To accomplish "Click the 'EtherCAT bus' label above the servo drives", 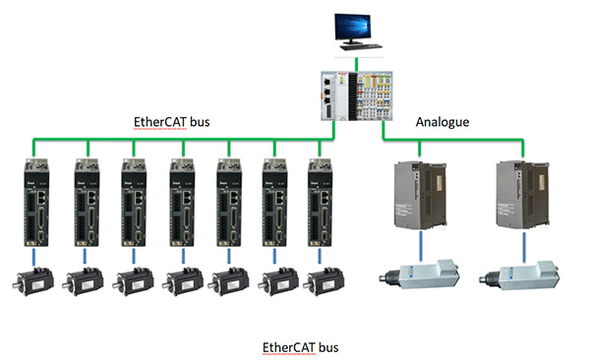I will click(172, 124).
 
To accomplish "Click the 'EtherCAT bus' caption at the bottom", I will click(301, 347).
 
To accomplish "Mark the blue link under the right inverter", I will click(520, 247).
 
